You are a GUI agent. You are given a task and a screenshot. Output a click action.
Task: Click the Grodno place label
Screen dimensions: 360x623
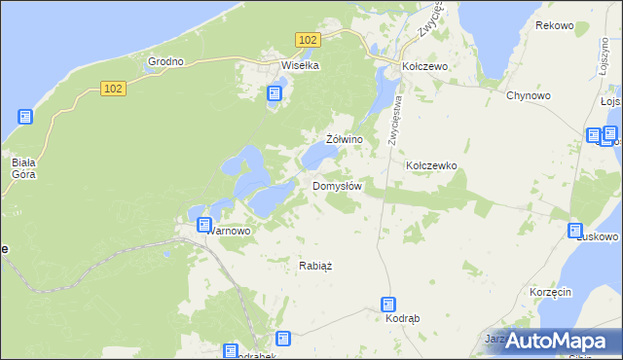pyautogui.click(x=165, y=61)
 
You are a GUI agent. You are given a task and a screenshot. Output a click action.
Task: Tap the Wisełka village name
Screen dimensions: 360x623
pyautogui.click(x=300, y=66)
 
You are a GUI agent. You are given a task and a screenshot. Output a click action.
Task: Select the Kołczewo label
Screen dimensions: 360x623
pyautogui.click(x=424, y=66)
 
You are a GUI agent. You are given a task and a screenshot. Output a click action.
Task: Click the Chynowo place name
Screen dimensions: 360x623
pyautogui.click(x=530, y=95)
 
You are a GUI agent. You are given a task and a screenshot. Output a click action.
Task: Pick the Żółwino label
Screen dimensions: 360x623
pyautogui.click(x=345, y=140)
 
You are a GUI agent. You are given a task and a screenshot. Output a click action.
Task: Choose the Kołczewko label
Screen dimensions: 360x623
pyautogui.click(x=431, y=166)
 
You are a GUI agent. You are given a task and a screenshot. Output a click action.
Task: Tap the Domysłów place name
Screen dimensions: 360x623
pyautogui.click(x=337, y=186)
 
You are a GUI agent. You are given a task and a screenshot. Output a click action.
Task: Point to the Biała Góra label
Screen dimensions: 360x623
pyautogui.click(x=23, y=168)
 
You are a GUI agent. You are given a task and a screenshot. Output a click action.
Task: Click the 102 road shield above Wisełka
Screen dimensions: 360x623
pyautogui.click(x=308, y=39)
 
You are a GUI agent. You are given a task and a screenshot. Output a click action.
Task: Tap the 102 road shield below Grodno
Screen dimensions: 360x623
pyautogui.click(x=112, y=89)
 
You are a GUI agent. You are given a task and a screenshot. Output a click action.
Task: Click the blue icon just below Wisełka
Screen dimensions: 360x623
pyautogui.click(x=275, y=93)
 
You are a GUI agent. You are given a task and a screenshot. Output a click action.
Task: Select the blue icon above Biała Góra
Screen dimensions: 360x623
pyautogui.click(x=25, y=117)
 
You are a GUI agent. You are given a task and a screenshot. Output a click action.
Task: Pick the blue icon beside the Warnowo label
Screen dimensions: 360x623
pyautogui.click(x=204, y=225)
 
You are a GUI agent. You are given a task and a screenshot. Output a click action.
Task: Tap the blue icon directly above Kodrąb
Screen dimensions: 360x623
pyautogui.click(x=388, y=305)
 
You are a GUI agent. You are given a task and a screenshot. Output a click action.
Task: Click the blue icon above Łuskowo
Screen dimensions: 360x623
pyautogui.click(x=576, y=230)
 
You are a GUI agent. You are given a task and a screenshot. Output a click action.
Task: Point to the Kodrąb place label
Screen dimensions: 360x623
pyautogui.click(x=402, y=319)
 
